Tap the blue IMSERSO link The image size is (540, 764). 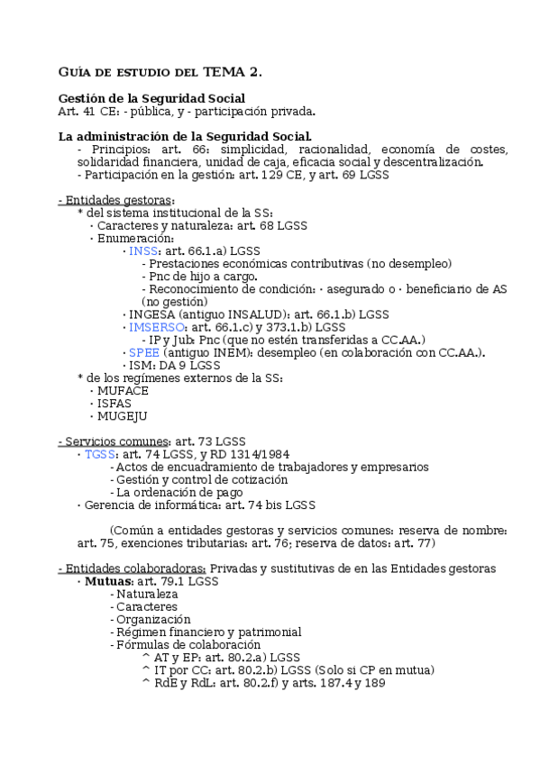(156, 327)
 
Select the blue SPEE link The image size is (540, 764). (144, 352)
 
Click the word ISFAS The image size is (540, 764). (114, 404)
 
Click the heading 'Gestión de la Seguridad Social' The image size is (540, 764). (151, 98)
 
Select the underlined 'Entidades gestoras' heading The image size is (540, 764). (116, 200)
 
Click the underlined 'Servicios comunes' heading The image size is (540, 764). (114, 441)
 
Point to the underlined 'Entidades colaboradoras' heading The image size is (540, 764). (132, 568)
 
